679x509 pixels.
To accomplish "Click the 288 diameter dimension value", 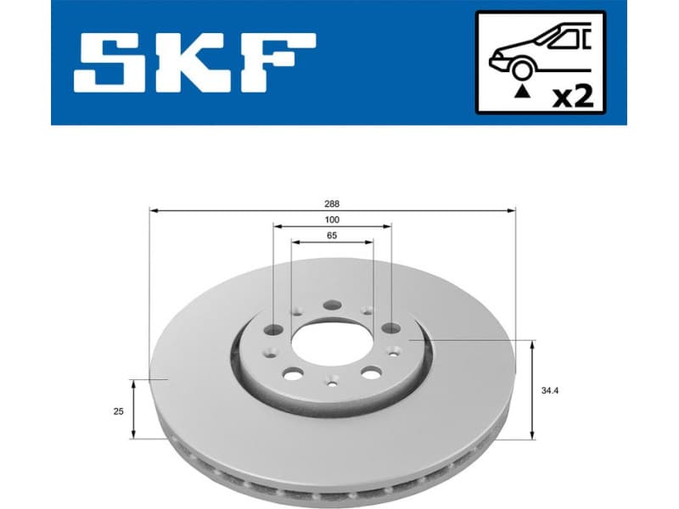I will click(332, 204).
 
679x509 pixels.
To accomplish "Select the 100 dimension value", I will click(332, 220).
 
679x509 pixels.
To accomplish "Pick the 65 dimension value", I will click(332, 236).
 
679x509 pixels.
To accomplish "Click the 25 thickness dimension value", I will click(118, 411).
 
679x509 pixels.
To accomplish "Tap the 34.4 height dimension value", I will click(550, 391).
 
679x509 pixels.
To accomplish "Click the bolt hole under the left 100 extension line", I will click(273, 330).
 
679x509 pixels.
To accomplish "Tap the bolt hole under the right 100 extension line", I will click(390, 328).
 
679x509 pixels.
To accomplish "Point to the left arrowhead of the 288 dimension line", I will click(153, 210).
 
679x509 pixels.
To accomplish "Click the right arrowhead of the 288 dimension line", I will click(512, 210).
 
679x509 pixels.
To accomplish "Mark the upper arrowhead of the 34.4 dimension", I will click(532, 344).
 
